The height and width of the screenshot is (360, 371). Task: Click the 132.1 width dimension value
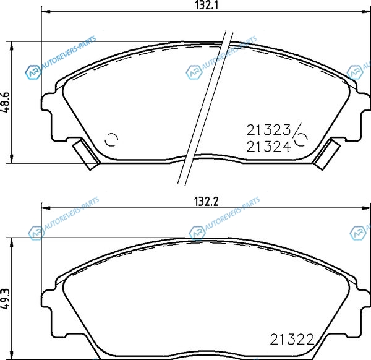click(207, 5)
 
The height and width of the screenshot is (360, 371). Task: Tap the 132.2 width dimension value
click(206, 202)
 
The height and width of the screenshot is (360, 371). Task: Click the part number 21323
click(268, 130)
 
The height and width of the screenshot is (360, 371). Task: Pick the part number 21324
click(268, 147)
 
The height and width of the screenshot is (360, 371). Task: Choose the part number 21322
click(292, 340)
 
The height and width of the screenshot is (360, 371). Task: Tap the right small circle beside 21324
click(301, 139)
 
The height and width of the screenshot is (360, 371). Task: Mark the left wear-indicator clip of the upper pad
click(86, 154)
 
